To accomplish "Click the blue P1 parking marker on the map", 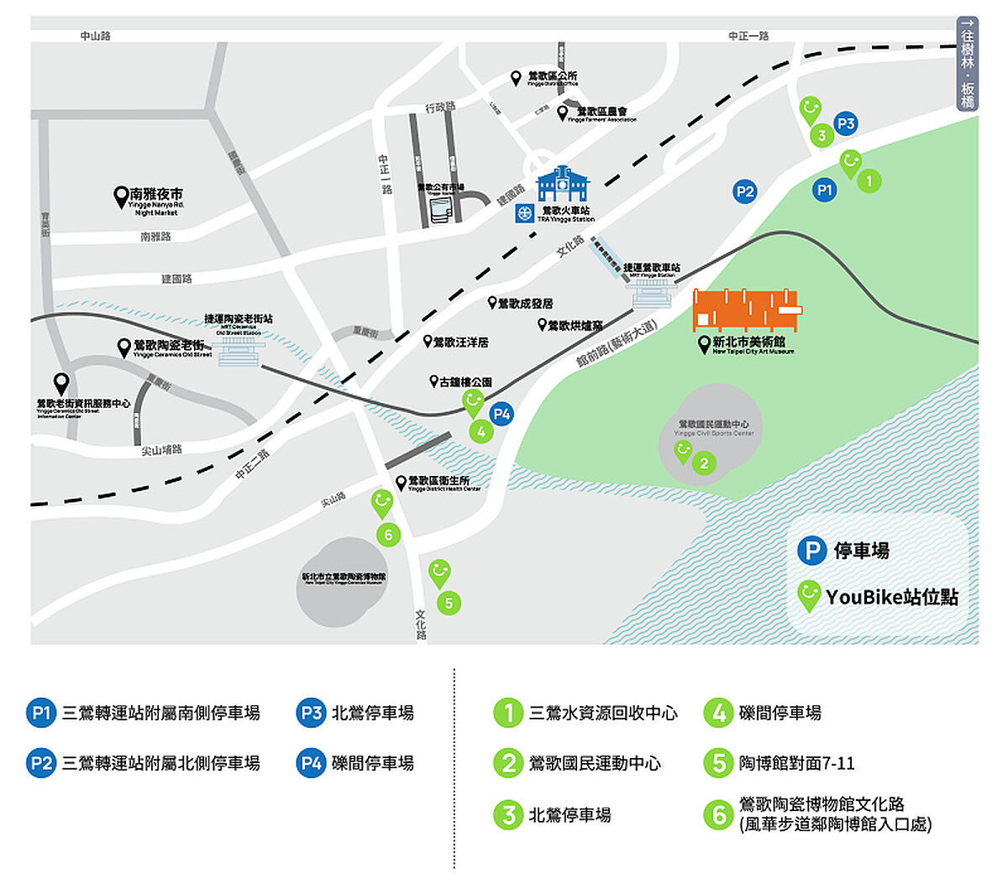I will coord(825,191).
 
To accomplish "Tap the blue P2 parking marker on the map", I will coord(744,191).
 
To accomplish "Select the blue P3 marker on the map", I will coord(846,124).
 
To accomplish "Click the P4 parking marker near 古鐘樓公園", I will coord(501,414).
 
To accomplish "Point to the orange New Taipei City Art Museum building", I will coord(746,311).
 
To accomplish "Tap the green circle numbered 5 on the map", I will coord(449,603).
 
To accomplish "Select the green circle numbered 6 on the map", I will coord(388,535).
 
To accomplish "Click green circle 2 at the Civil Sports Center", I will coord(704,463).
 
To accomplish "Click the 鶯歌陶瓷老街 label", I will coord(169,346).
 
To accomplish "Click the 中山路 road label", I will coord(95,36).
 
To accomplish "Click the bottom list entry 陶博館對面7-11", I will coord(795,763).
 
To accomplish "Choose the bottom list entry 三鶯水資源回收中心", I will coord(602,713).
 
